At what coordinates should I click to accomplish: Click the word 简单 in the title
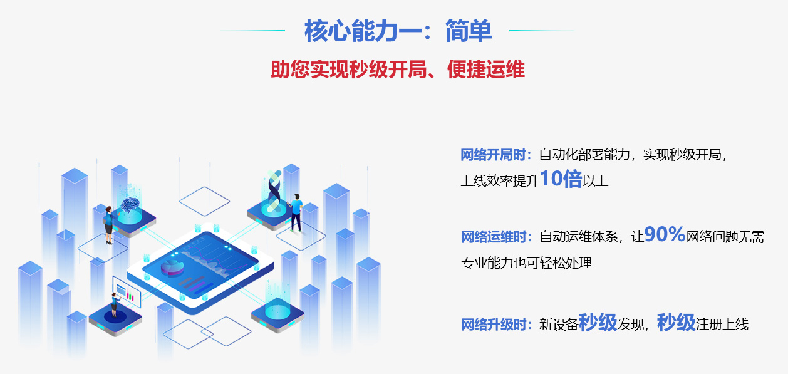pyautogui.click(x=469, y=31)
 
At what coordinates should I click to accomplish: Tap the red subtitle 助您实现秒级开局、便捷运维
pyautogui.click(x=398, y=70)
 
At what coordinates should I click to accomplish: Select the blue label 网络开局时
pyautogui.click(x=495, y=155)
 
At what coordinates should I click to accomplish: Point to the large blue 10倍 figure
pyautogui.click(x=561, y=180)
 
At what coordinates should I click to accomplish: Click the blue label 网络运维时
pyautogui.click(x=495, y=237)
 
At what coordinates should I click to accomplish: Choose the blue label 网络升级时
pyautogui.click(x=495, y=325)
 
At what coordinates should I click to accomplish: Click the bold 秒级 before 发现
pyautogui.click(x=598, y=323)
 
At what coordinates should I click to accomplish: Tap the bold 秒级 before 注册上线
pyautogui.click(x=676, y=323)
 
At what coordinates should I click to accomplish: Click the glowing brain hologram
pyautogui.click(x=130, y=203)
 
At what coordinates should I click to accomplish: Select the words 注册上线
pyautogui.click(x=722, y=325)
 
